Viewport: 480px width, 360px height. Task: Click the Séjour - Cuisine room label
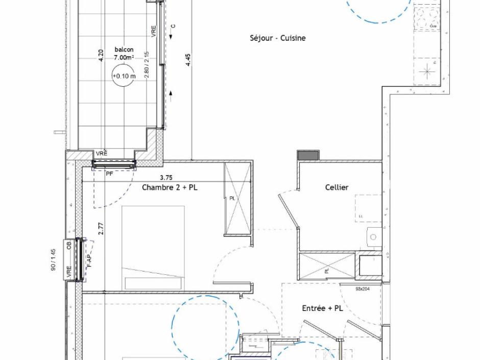coord(278,38)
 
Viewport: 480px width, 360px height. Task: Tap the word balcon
coord(124,50)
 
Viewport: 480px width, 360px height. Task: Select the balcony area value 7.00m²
coord(124,58)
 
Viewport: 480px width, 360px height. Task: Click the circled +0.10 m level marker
coord(124,76)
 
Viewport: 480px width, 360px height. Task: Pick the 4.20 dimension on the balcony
coord(101,55)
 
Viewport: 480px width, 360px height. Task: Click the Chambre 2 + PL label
coord(169,187)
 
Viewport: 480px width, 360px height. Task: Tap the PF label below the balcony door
coord(109,174)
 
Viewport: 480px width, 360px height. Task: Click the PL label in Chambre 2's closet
coord(232,198)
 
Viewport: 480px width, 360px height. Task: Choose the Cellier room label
coord(337,187)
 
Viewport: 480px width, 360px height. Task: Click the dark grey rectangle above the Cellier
coord(308,155)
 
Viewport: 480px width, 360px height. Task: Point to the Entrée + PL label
coord(322,308)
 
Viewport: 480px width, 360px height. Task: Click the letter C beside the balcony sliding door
coord(173,26)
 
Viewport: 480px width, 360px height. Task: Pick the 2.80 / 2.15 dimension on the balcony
coord(147,64)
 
